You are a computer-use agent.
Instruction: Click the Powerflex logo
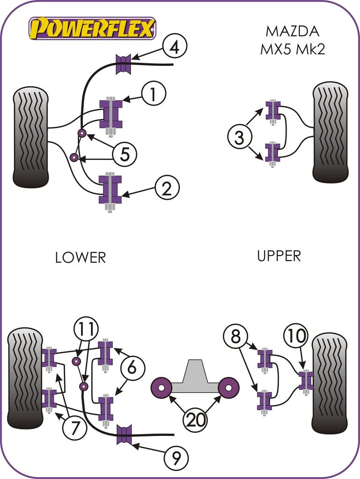coord(92,29)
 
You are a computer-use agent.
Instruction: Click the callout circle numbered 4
coord(175,47)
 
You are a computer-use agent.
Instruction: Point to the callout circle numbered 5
coord(124,154)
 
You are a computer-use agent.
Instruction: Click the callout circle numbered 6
coord(132,368)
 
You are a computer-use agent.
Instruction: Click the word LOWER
coord(81,257)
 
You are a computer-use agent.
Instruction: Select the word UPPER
coord(279,255)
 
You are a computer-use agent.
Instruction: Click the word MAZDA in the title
coord(292,31)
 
